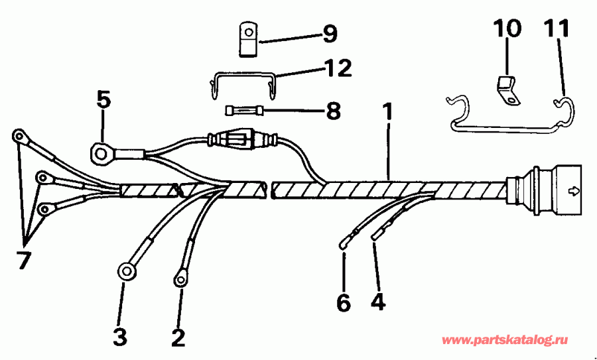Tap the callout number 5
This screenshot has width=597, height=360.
[103, 99]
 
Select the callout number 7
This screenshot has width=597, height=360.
[24, 261]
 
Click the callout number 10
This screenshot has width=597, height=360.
[507, 29]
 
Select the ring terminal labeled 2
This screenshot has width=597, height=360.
[180, 279]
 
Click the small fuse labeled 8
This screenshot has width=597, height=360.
[245, 110]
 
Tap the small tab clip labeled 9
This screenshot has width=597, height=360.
[248, 39]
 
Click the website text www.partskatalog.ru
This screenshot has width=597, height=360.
[505, 340]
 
